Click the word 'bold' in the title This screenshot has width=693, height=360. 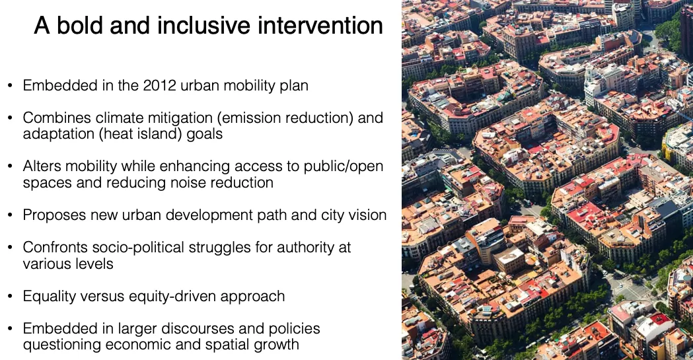coord(81,25)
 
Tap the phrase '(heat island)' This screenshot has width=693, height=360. coord(140,134)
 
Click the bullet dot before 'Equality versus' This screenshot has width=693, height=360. coord(10,297)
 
